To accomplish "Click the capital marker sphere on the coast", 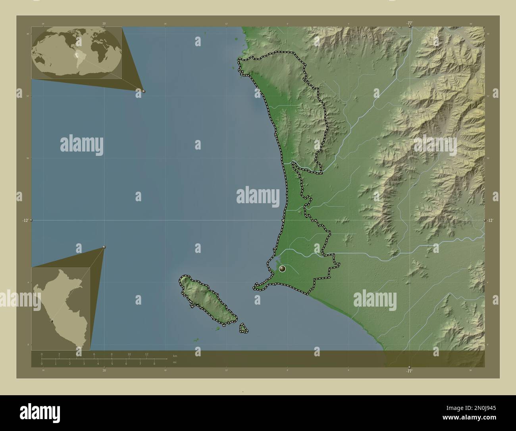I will click(x=282, y=269).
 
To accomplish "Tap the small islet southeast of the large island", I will click(x=243, y=328).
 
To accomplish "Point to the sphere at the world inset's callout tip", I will click(x=143, y=91).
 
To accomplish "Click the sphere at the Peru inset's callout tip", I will click(x=104, y=247).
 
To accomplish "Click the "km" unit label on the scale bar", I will click(x=175, y=355).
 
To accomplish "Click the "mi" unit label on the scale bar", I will click(x=175, y=362).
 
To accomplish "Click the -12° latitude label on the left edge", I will click(x=25, y=220).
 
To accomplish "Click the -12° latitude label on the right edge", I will click(x=490, y=220).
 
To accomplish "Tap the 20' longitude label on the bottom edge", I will click(x=104, y=371).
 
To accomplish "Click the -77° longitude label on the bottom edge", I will click(x=409, y=371).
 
